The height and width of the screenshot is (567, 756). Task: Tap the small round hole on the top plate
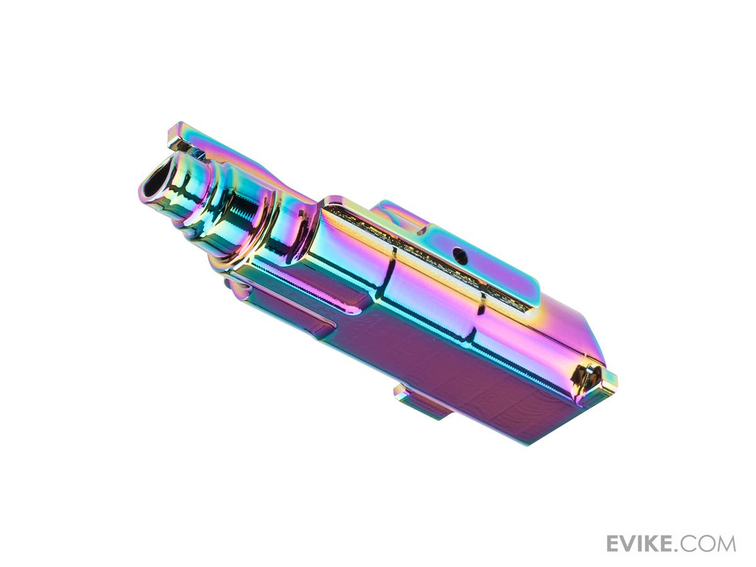pos(459,255)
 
